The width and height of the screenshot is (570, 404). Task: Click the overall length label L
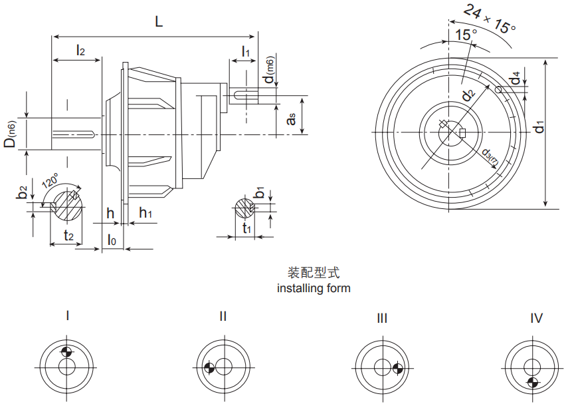coord(158,21)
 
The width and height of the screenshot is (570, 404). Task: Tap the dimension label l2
coord(80,50)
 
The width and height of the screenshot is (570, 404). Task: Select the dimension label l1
coord(245,51)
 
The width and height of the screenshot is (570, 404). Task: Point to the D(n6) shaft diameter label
coord(11,134)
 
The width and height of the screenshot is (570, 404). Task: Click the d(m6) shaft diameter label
coord(269,71)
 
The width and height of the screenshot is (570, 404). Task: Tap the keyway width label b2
coord(23,193)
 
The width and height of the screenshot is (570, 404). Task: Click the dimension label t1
coord(246,229)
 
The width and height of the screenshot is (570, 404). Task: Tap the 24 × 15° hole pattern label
coord(490,19)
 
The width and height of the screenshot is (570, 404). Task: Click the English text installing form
coord(313,288)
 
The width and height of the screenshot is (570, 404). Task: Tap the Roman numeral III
coord(381,319)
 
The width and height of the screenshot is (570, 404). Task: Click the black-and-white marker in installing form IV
coord(533,381)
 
